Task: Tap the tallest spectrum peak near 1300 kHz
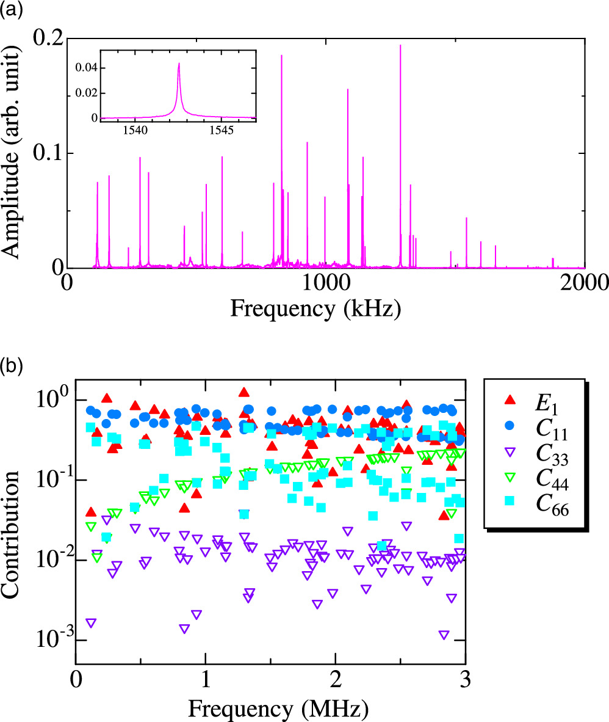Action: tap(400, 46)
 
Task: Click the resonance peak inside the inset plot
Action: tap(179, 64)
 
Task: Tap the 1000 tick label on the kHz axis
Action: tap(325, 283)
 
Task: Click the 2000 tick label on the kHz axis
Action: tap(584, 283)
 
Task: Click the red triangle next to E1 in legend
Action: tap(511, 401)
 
